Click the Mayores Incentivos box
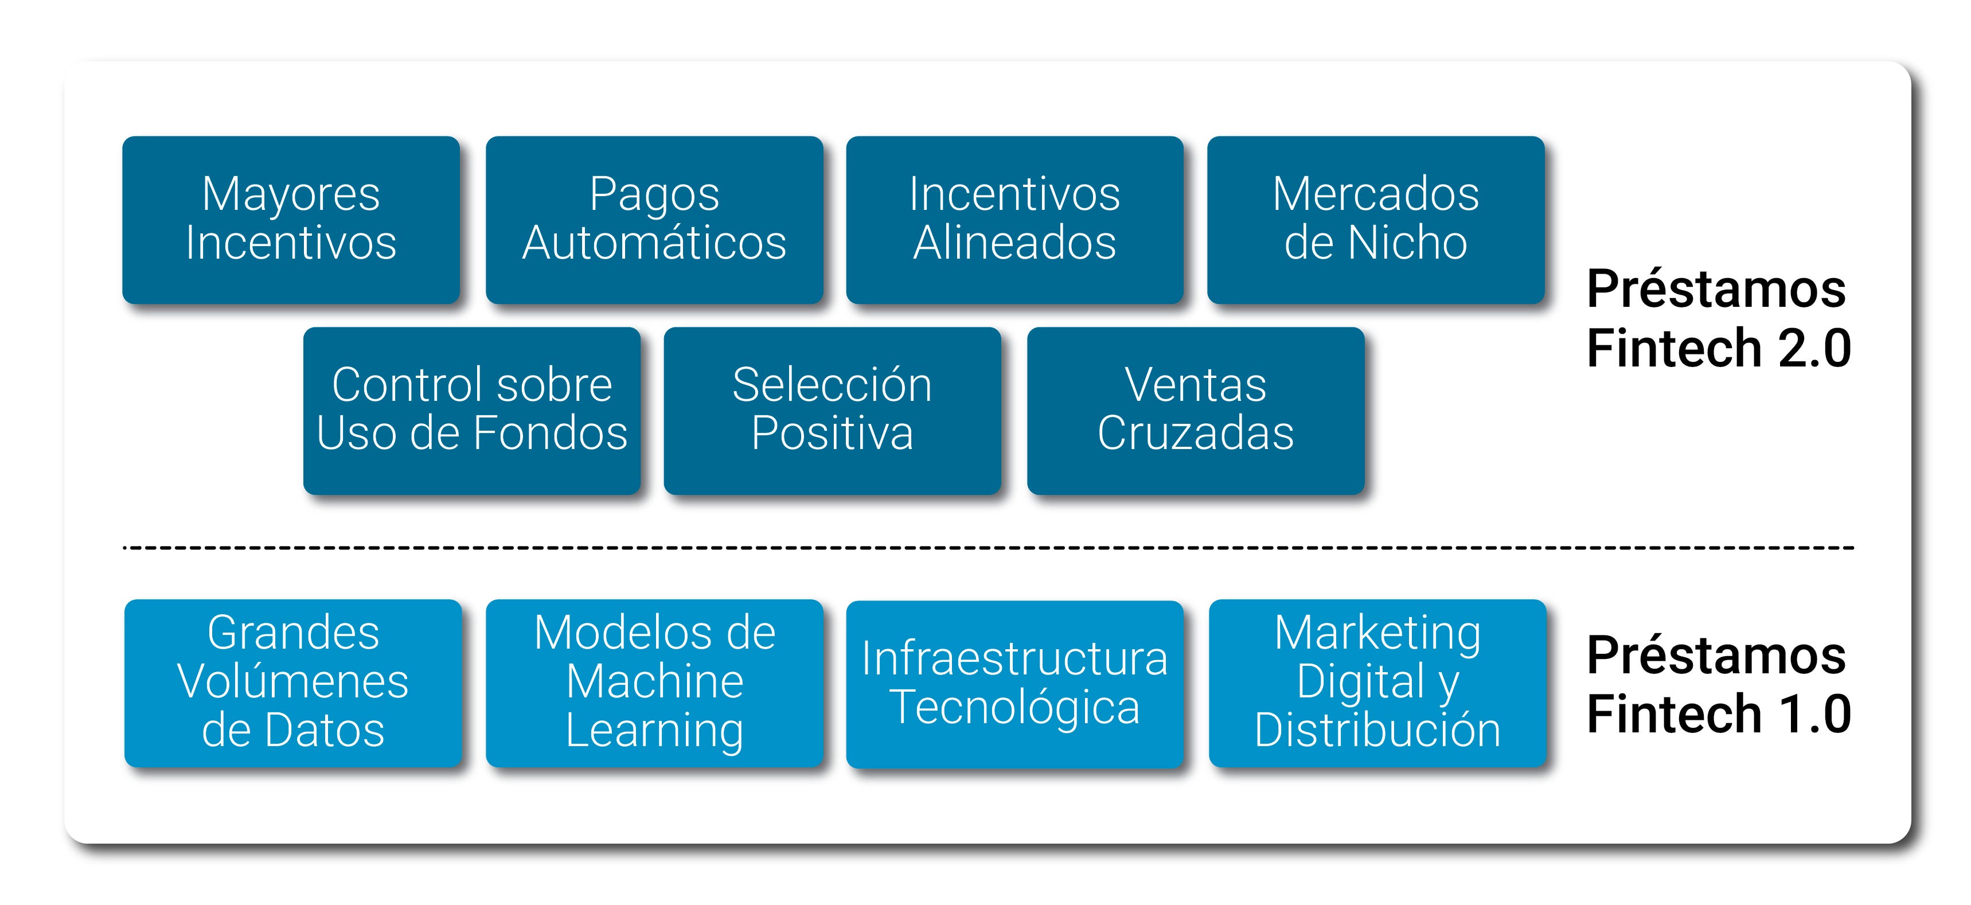tap(291, 220)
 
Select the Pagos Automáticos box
tap(654, 220)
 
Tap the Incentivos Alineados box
tap(1014, 220)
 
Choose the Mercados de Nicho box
tap(1376, 220)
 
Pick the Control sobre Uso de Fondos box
tap(471, 411)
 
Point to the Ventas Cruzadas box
tap(1195, 411)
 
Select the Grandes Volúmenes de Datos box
tap(293, 683)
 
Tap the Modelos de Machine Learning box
tap(654, 683)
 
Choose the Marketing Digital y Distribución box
tap(1377, 683)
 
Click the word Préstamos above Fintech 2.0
tap(1716, 289)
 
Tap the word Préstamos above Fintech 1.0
tap(1716, 656)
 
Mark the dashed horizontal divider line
tap(987, 548)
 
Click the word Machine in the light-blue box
tap(654, 682)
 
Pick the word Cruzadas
tap(1195, 434)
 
